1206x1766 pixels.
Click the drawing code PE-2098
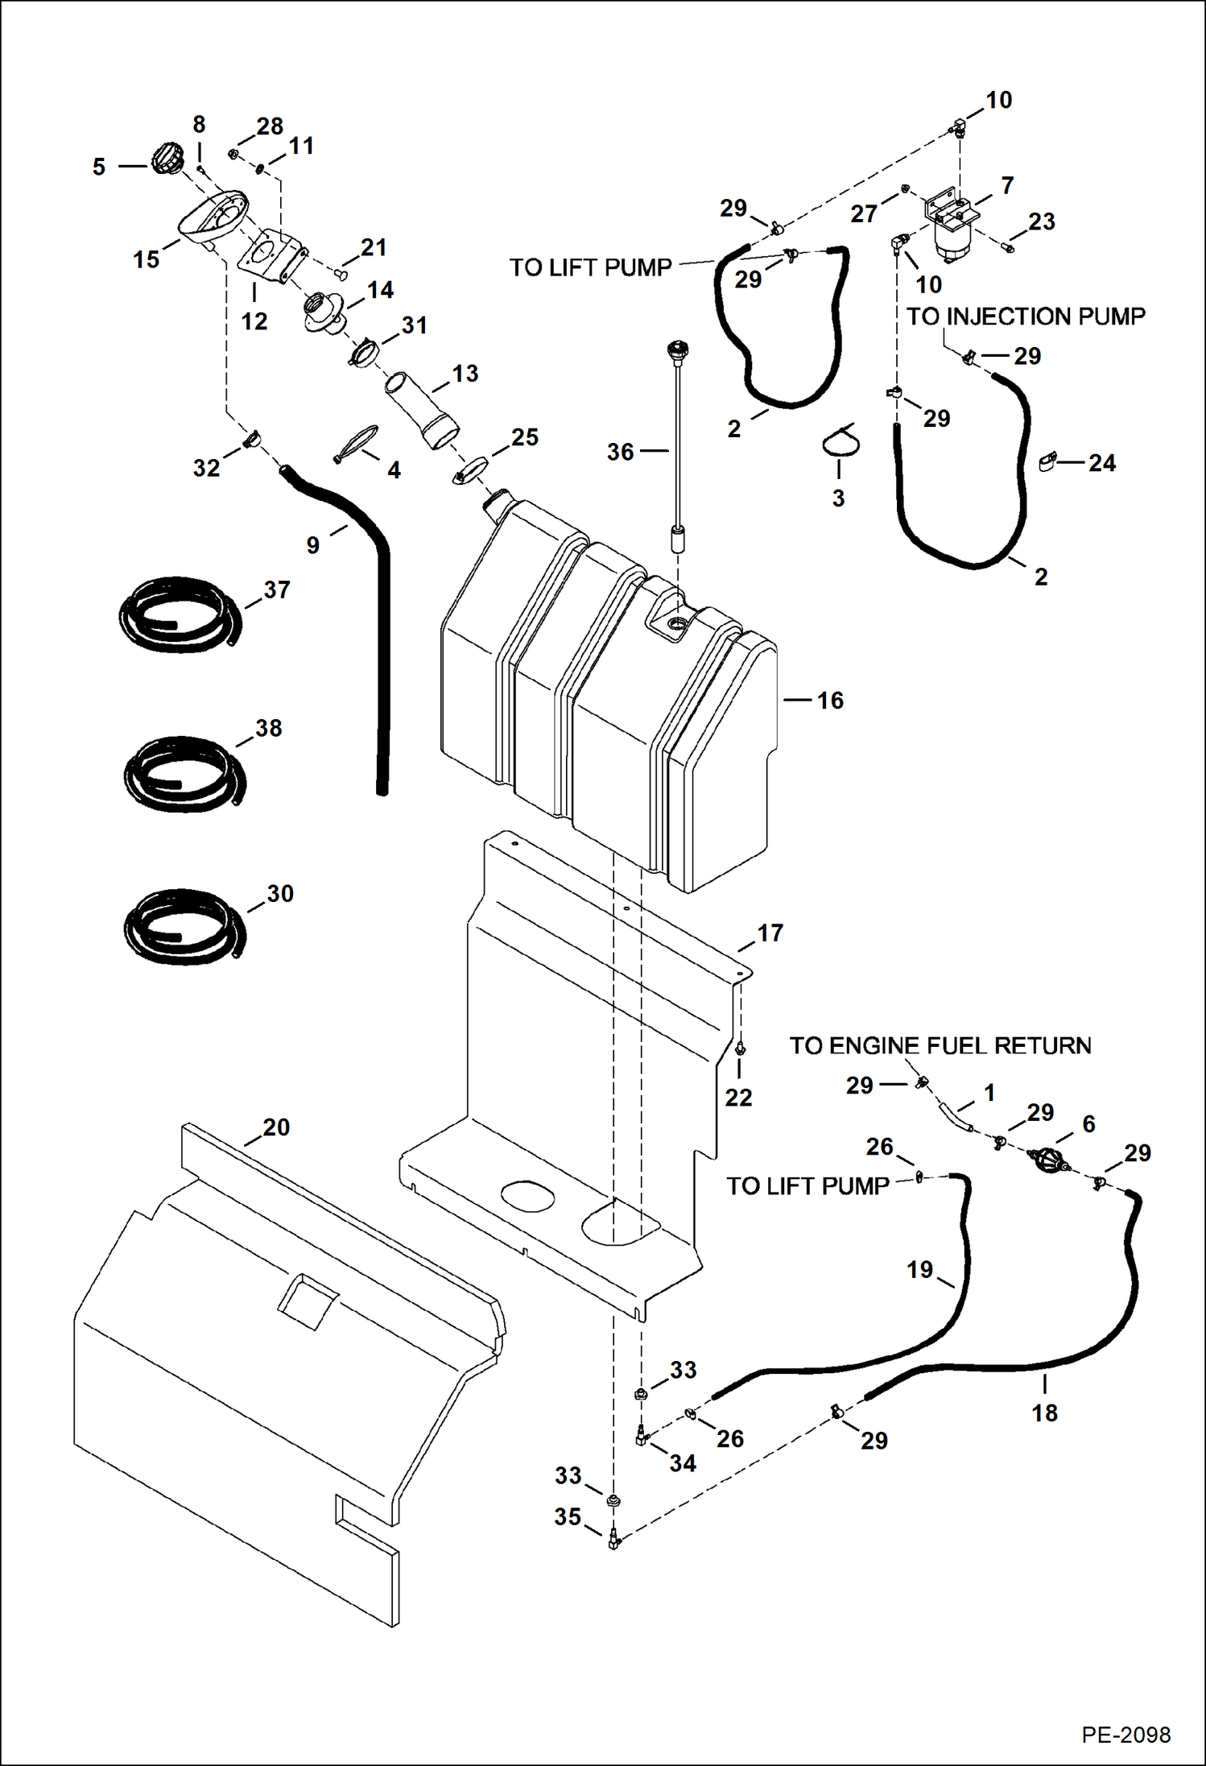tap(1125, 1735)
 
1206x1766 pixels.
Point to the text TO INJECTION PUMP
tap(1026, 316)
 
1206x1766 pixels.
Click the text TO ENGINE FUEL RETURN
tap(940, 1046)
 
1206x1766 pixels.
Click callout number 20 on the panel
tap(275, 1127)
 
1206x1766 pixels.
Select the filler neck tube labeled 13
tap(420, 407)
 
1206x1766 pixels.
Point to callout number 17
tap(770, 933)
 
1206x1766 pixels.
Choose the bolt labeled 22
tap(741, 1048)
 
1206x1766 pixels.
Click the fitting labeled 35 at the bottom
tap(613, 1539)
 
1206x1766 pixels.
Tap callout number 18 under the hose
tap(1044, 1412)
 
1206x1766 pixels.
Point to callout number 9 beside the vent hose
tap(313, 545)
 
